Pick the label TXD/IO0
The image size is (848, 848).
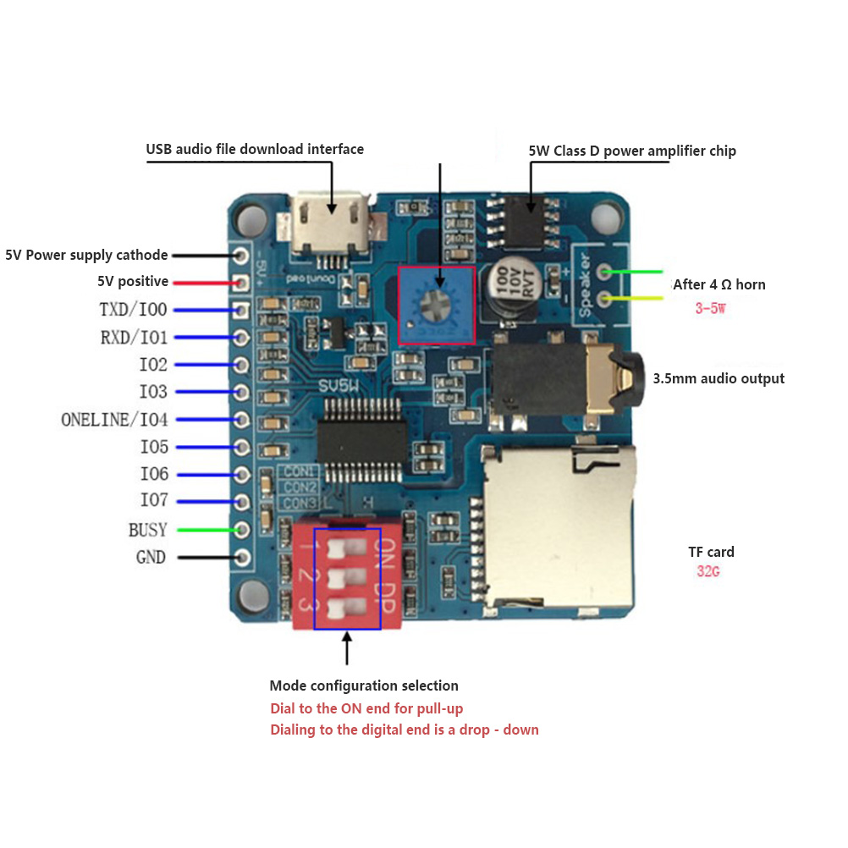pos(133,310)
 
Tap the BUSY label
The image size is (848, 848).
pos(147,530)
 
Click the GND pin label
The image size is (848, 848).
pos(151,557)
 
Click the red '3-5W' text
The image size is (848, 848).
pos(710,309)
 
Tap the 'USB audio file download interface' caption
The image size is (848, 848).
pos(255,149)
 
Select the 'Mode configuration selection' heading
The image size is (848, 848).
pos(364,686)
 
